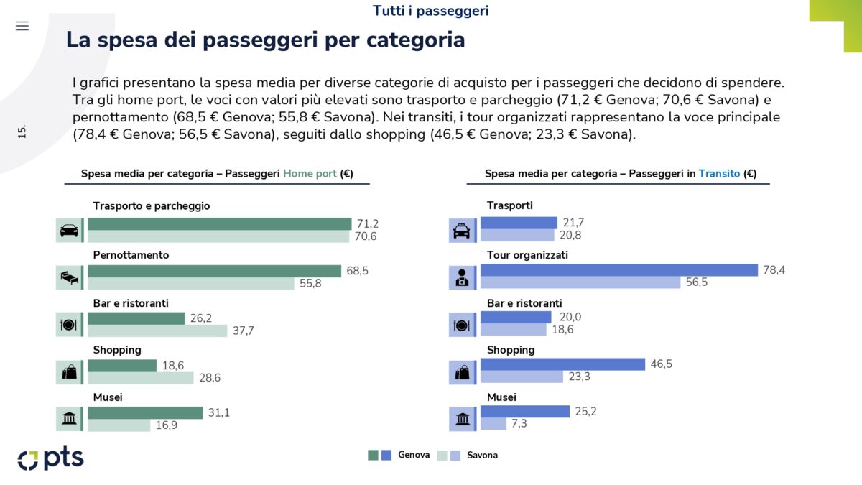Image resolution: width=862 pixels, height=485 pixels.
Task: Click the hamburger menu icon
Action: (x=22, y=26)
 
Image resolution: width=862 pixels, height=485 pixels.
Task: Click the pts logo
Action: (x=51, y=458)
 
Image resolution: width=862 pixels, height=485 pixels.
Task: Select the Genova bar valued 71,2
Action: (x=220, y=223)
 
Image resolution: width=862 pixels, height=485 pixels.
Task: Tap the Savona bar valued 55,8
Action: (x=191, y=284)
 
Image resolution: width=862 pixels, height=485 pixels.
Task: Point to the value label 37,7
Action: (x=242, y=331)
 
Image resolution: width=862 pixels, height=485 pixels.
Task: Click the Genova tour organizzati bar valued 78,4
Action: (x=619, y=270)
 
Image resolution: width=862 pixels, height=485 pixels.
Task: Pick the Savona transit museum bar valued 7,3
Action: (x=493, y=425)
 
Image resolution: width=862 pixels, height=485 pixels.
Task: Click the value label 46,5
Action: (x=662, y=364)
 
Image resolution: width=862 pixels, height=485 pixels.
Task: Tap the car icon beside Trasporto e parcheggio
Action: (x=69, y=231)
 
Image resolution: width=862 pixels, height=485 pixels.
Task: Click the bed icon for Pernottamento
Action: (x=69, y=277)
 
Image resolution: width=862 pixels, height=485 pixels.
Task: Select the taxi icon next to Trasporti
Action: (x=462, y=231)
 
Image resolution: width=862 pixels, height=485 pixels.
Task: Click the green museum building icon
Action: (x=69, y=418)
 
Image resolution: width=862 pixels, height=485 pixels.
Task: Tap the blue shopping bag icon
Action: (x=462, y=371)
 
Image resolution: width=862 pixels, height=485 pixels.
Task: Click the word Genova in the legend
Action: (x=414, y=455)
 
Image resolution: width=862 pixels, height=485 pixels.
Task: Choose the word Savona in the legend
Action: (x=482, y=455)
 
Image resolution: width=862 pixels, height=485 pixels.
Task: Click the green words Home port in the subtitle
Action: (x=310, y=174)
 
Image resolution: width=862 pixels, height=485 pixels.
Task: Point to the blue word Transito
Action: (x=719, y=174)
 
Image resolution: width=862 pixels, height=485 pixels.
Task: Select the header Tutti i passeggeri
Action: (x=431, y=11)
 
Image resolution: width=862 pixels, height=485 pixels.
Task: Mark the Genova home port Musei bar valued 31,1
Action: (x=145, y=412)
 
